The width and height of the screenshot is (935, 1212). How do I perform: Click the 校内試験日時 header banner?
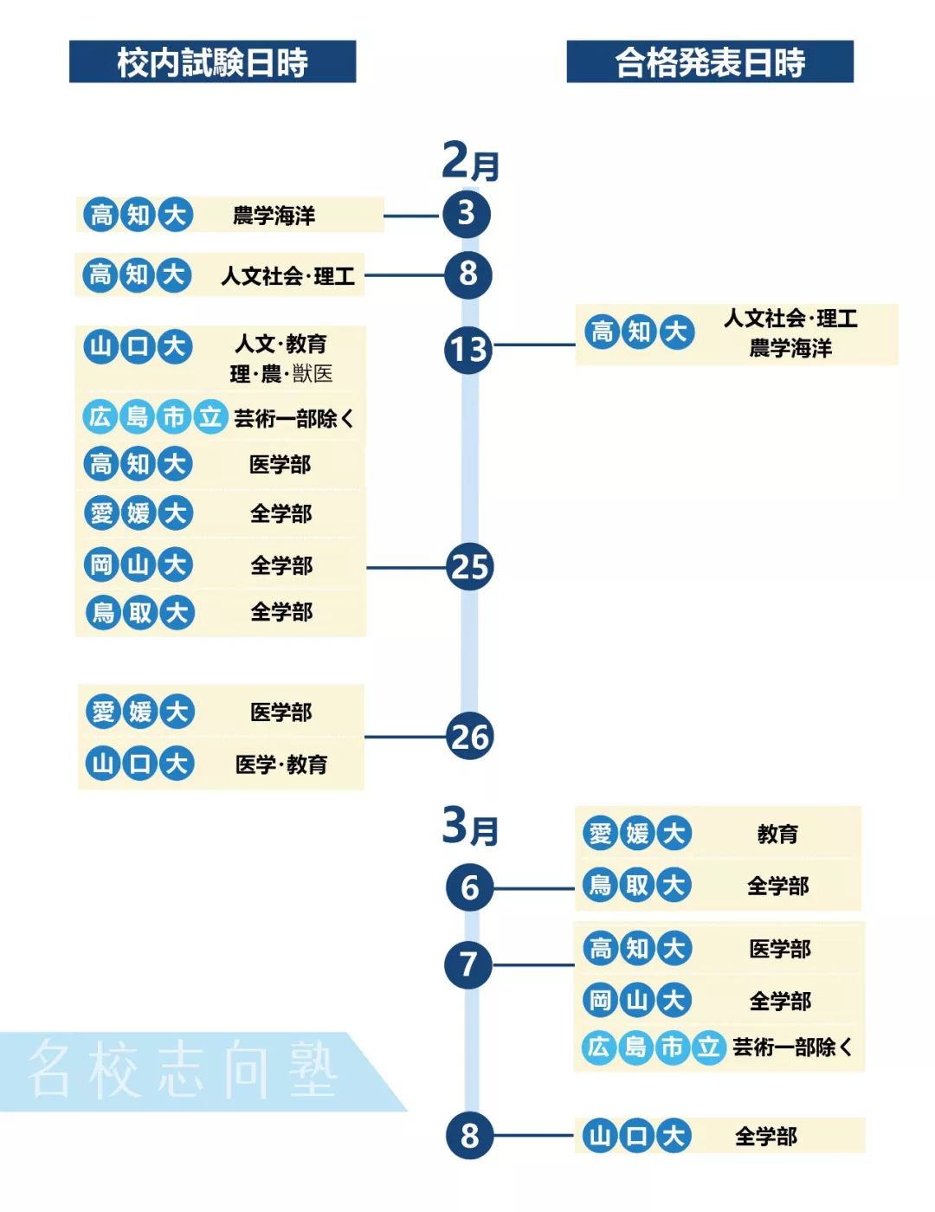[212, 61]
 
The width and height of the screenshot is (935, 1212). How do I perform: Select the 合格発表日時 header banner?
[710, 61]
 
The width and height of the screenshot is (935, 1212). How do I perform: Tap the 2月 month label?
[470, 161]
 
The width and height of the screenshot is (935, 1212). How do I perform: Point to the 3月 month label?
[470, 827]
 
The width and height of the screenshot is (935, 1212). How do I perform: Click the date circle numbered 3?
[467, 214]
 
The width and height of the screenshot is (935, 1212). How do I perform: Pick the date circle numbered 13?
[468, 350]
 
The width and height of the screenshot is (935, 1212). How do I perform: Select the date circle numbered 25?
[470, 567]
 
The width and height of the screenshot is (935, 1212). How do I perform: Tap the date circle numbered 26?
[470, 737]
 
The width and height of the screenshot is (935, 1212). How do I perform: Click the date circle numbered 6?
[469, 887]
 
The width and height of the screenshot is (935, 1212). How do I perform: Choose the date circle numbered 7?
[468, 964]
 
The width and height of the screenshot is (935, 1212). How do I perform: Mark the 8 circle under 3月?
[469, 1135]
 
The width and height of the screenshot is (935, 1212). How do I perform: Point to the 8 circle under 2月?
[468, 274]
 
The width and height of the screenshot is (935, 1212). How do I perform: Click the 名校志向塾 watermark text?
[182, 1070]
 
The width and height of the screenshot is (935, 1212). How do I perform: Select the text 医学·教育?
[281, 764]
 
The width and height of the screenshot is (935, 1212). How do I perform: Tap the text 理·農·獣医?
[281, 374]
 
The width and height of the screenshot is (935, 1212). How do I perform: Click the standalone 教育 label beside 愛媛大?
[777, 835]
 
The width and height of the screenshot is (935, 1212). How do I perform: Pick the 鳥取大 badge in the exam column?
[140, 613]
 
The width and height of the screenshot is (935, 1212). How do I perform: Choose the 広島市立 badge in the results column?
[653, 1048]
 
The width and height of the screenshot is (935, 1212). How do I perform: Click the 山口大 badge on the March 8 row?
[636, 1136]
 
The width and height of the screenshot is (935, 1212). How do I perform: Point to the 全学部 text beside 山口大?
[766, 1136]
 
